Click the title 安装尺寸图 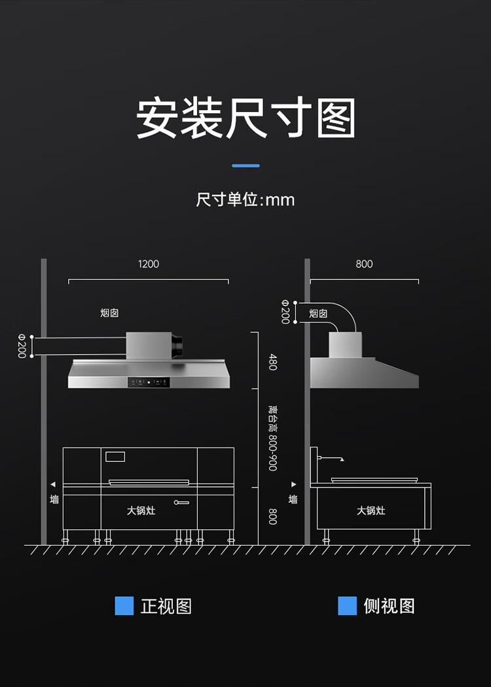245,118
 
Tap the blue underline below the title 245,166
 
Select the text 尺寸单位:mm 245,199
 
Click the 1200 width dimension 149,264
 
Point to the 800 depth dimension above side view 364,264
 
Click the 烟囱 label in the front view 109,313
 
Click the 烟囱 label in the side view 318,313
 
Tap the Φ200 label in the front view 22,346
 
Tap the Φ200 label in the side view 285,311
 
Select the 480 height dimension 272,362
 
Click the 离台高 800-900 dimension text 272,438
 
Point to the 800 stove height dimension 272,516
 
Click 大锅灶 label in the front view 141,510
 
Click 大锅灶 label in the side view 371,510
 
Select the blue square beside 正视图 124,606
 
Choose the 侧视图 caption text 390,606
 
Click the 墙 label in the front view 54,499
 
